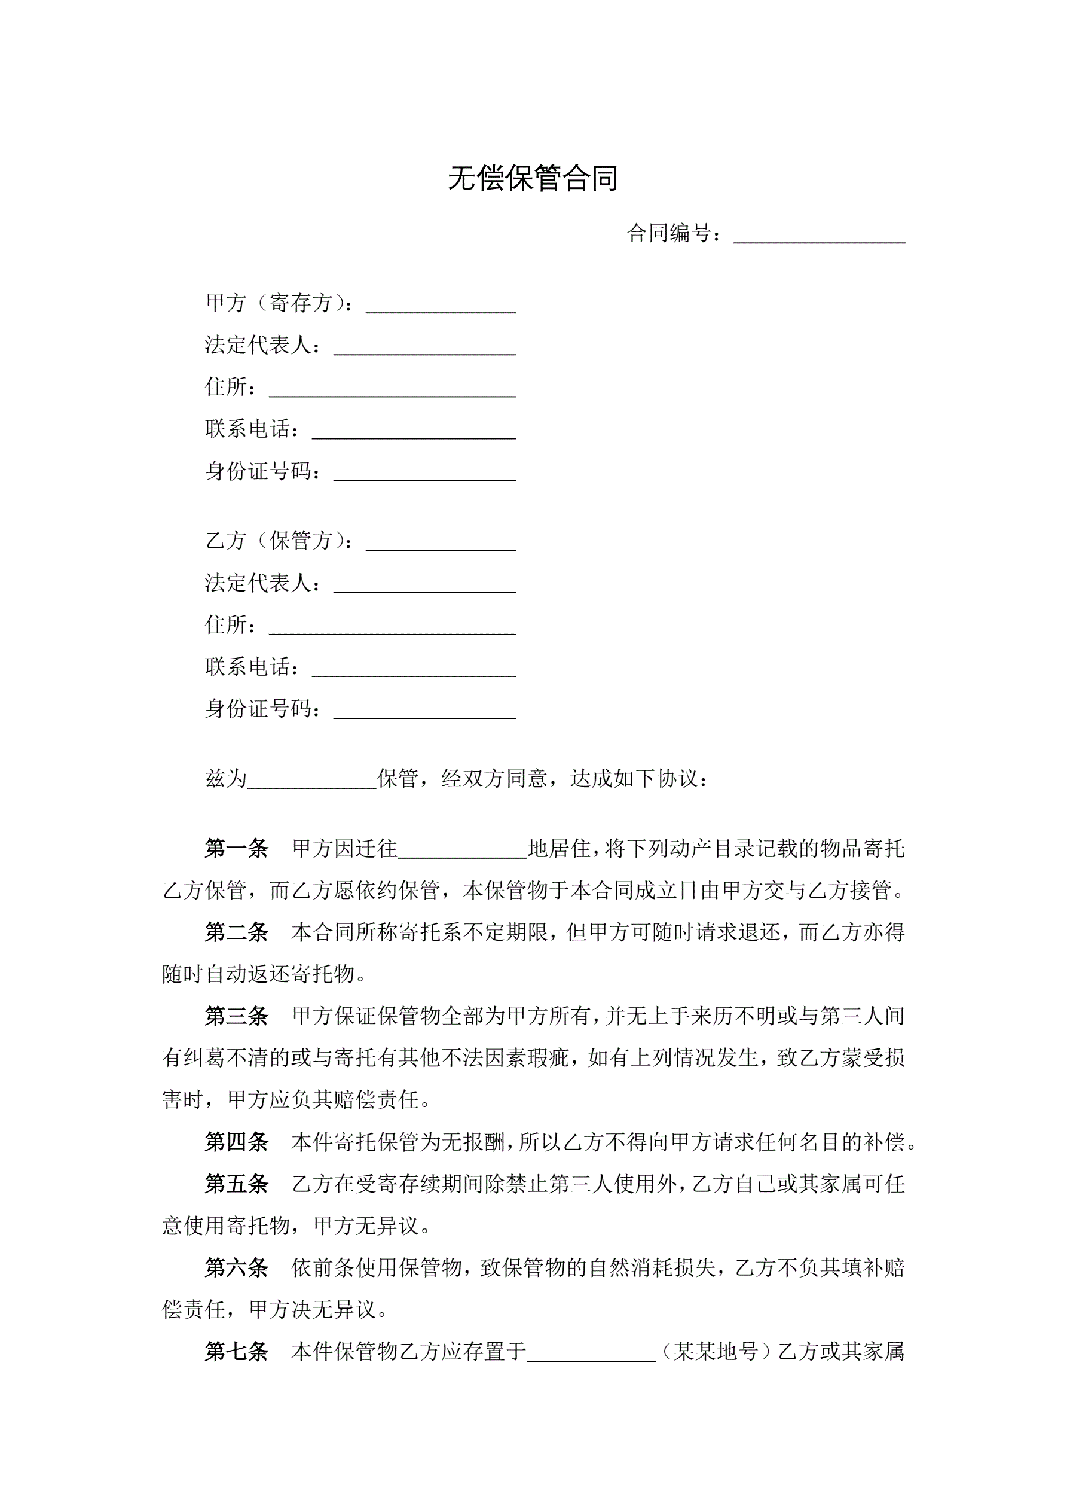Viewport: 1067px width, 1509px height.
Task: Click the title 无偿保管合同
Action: click(x=533, y=178)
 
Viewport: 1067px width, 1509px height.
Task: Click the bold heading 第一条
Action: click(x=237, y=849)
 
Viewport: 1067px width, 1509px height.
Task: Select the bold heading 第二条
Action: click(x=237, y=932)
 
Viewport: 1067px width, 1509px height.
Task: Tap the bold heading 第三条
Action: click(x=237, y=1016)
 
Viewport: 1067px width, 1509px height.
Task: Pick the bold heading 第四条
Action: click(x=237, y=1142)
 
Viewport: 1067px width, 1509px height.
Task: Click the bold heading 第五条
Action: click(x=237, y=1184)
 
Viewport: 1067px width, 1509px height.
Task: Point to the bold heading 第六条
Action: click(x=237, y=1268)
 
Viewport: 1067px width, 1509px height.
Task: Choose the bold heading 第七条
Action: click(x=237, y=1351)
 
